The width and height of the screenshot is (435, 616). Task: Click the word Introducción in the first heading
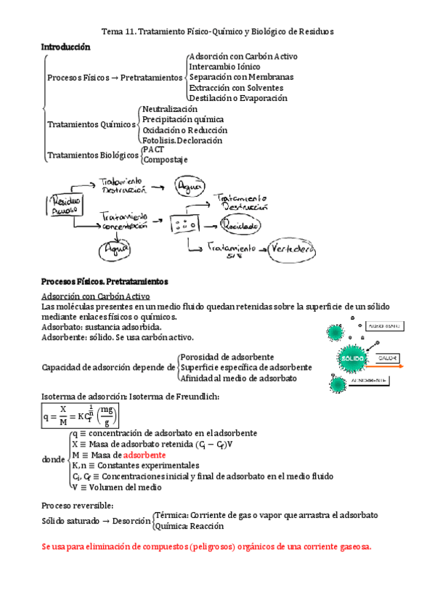click(66, 46)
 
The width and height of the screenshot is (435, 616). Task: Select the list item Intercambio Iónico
click(224, 67)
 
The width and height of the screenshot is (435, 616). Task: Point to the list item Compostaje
click(165, 160)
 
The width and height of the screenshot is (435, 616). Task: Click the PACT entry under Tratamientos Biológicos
click(153, 150)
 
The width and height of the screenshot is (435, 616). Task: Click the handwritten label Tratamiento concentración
click(124, 221)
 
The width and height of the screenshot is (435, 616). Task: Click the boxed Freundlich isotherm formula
click(80, 416)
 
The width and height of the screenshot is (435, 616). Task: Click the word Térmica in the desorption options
click(170, 515)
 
